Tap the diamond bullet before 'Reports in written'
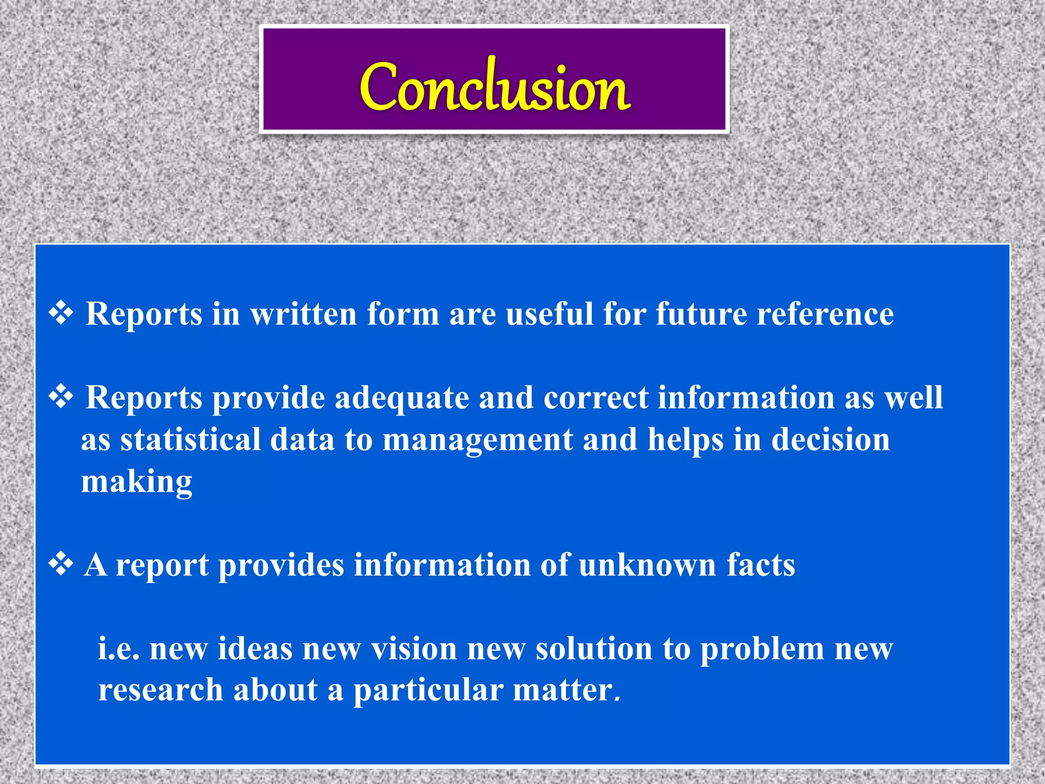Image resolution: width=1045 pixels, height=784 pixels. [x=61, y=313]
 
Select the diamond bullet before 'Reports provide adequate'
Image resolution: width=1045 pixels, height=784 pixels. [x=61, y=397]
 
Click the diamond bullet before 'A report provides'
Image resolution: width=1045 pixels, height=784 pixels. [x=61, y=565]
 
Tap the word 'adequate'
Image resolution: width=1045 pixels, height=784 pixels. [x=402, y=398]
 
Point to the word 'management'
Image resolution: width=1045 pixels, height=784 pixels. [x=478, y=440]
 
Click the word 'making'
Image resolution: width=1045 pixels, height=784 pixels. [x=137, y=482]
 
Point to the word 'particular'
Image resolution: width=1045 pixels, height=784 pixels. [x=428, y=690]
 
